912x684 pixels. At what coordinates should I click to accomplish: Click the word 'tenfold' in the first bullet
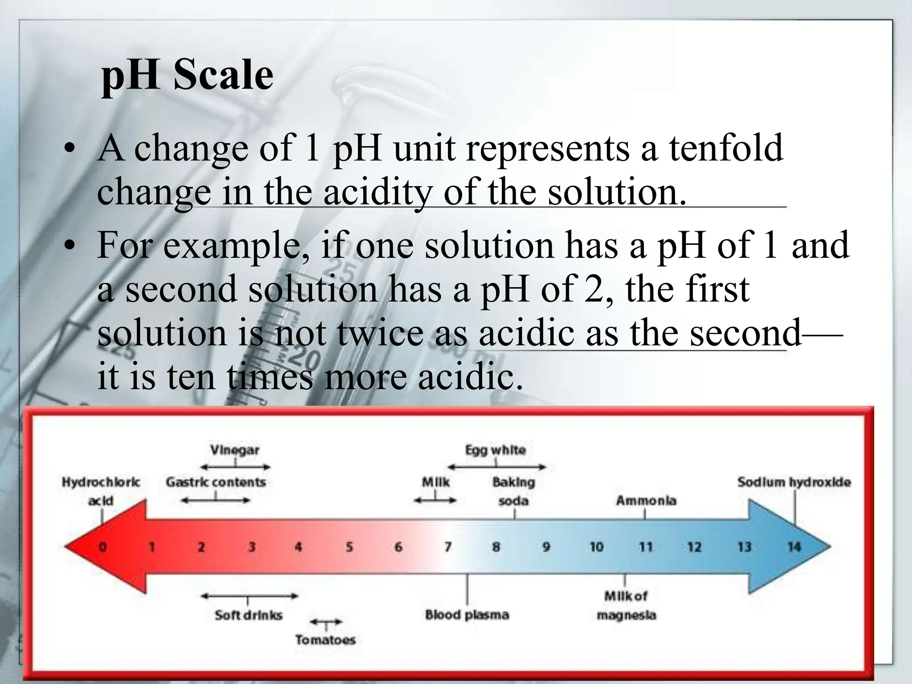coord(726,148)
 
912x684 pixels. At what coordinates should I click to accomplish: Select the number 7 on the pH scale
coord(448,546)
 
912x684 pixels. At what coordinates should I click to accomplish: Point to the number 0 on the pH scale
coord(102,546)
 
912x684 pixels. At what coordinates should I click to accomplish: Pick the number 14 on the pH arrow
coord(794,546)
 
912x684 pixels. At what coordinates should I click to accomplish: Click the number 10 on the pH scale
coord(596,546)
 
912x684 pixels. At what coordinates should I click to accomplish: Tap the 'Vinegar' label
coord(235,450)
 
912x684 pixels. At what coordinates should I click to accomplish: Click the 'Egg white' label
coord(495,450)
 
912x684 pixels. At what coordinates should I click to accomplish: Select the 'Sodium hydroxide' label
coord(794,482)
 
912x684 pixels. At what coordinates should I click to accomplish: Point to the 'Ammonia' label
coord(646,501)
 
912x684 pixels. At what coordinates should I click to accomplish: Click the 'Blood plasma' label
coord(467,615)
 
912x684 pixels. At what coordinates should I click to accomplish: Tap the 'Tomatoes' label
coord(326,640)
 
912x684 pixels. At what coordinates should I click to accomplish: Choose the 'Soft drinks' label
coord(248,615)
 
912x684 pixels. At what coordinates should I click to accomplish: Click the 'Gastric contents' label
coord(216,482)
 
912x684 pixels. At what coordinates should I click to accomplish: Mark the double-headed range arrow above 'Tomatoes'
coord(326,622)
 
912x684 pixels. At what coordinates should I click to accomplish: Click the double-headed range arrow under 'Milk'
coord(435,500)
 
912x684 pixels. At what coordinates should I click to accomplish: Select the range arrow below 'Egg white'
coord(497,467)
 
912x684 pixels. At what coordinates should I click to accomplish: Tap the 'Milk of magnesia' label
coord(626,606)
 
